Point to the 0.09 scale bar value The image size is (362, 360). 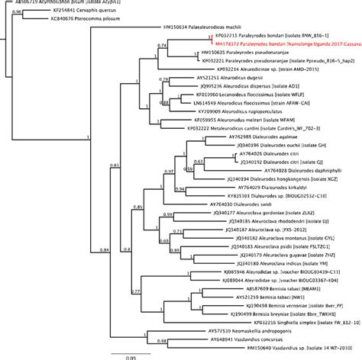pos(132,356)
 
